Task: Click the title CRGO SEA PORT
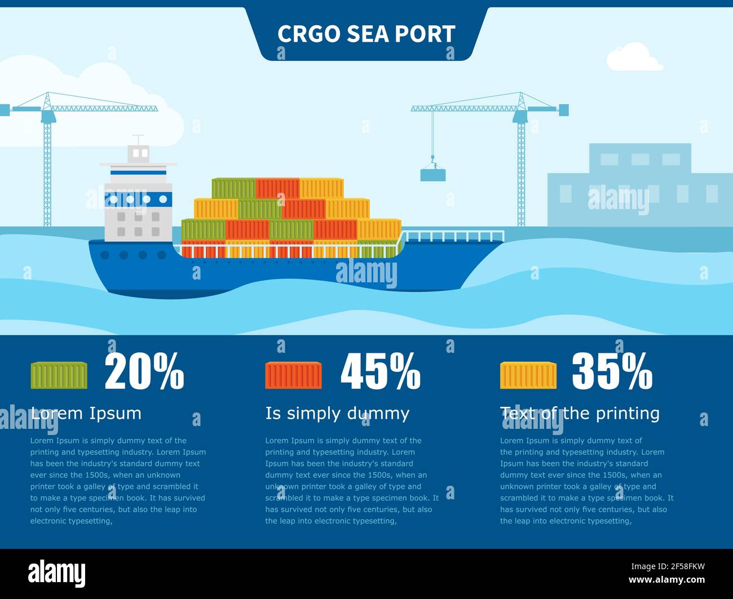pyautogui.click(x=366, y=34)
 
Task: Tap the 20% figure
pyautogui.click(x=144, y=371)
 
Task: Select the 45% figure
pyautogui.click(x=381, y=371)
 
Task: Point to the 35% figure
pyautogui.click(x=612, y=371)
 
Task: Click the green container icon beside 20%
pyautogui.click(x=59, y=375)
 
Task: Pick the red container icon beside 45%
pyautogui.click(x=293, y=375)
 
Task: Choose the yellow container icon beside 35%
pyautogui.click(x=528, y=375)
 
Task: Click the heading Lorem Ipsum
pyautogui.click(x=86, y=413)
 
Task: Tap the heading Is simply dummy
pyautogui.click(x=337, y=413)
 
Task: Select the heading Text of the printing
pyautogui.click(x=580, y=413)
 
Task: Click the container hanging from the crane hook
pyautogui.click(x=432, y=175)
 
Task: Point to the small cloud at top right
pyautogui.click(x=634, y=58)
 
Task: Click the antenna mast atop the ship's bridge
pyautogui.click(x=138, y=140)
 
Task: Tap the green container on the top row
pyautogui.click(x=233, y=188)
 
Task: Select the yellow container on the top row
pyautogui.click(x=321, y=188)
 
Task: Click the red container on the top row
pyautogui.click(x=277, y=188)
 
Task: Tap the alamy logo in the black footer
pyautogui.click(x=57, y=574)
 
